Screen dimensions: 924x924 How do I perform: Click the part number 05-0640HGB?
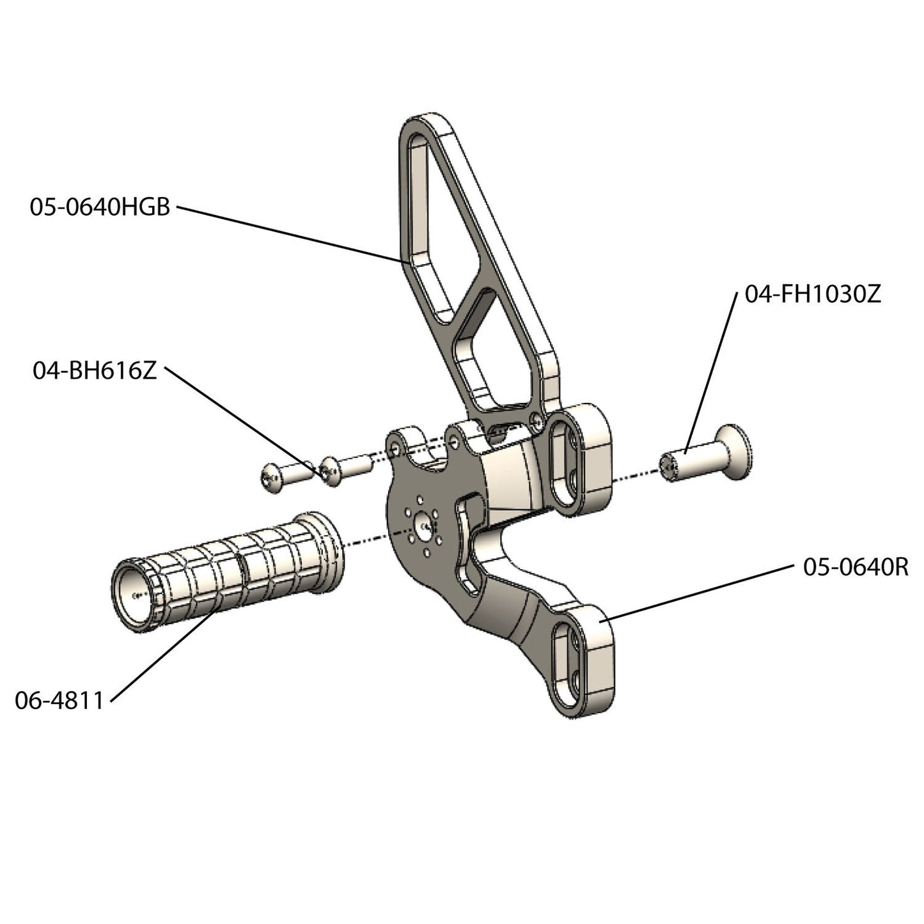click(100, 207)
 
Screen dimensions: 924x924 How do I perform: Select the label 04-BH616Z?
click(95, 370)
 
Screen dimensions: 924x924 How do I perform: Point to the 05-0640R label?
click(856, 567)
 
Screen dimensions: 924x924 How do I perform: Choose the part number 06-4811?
click(59, 700)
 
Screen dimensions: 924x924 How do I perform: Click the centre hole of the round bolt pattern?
click(424, 526)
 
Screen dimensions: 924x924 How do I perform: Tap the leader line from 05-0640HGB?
click(288, 233)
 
